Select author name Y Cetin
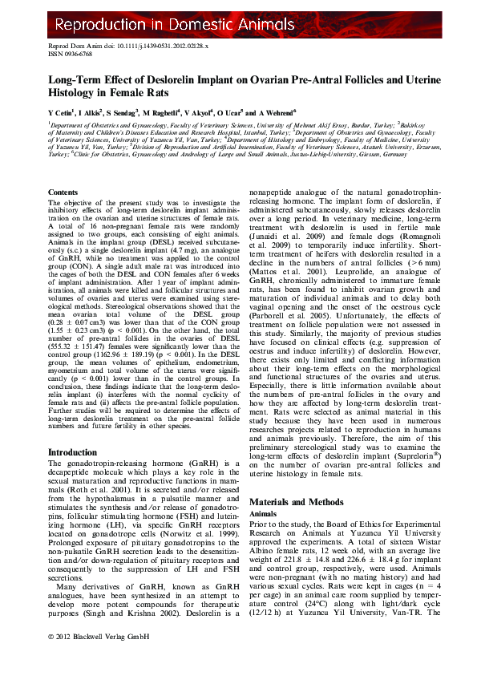(x=62, y=112)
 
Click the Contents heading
(x=63, y=192)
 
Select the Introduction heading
(x=73, y=452)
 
